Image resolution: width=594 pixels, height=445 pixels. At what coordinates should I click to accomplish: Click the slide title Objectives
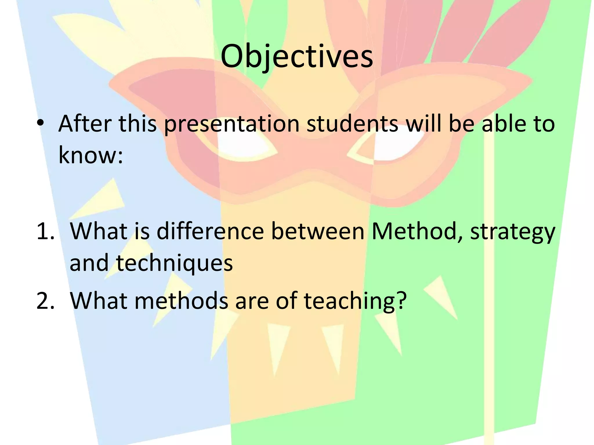coord(297,56)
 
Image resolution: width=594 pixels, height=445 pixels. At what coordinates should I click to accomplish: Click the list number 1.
coord(45,231)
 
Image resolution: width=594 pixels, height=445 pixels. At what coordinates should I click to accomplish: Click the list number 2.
coord(45,300)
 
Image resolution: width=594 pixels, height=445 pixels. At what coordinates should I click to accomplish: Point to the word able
coord(504,124)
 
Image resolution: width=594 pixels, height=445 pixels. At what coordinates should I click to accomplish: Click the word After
coord(85,124)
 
